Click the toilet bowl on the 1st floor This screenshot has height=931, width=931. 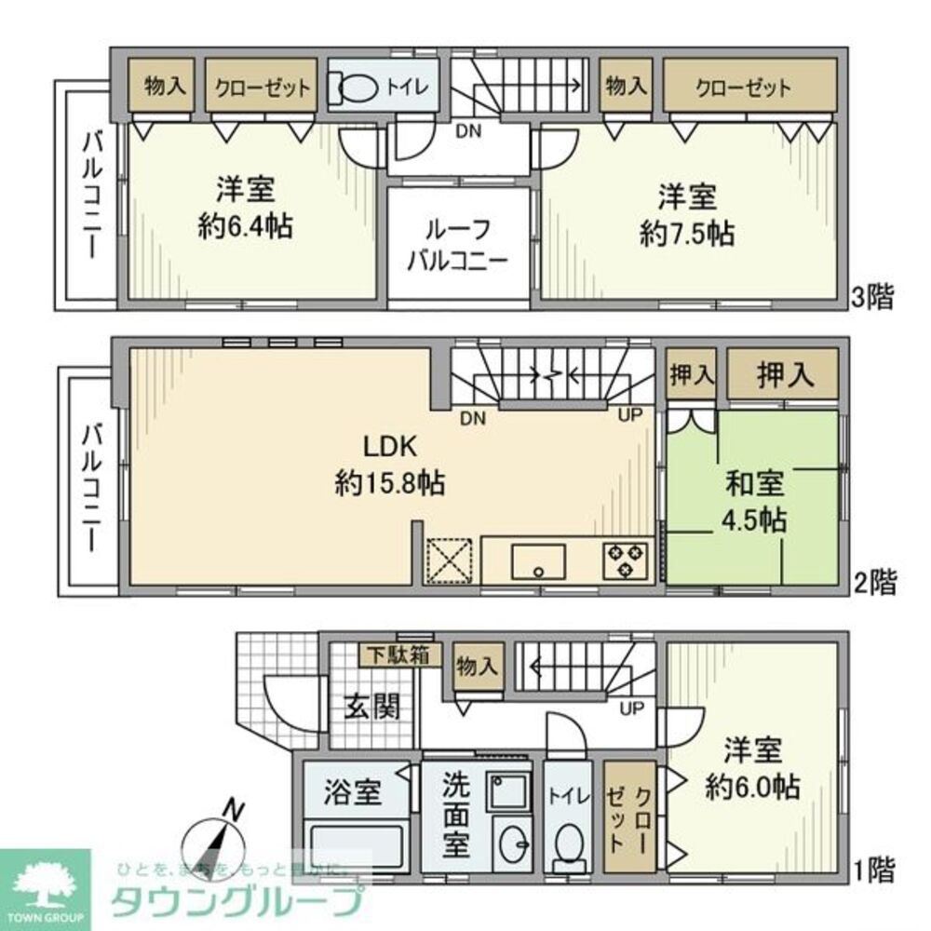(x=567, y=845)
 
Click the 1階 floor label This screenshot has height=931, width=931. (x=872, y=870)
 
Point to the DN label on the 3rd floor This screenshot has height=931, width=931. (x=468, y=131)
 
